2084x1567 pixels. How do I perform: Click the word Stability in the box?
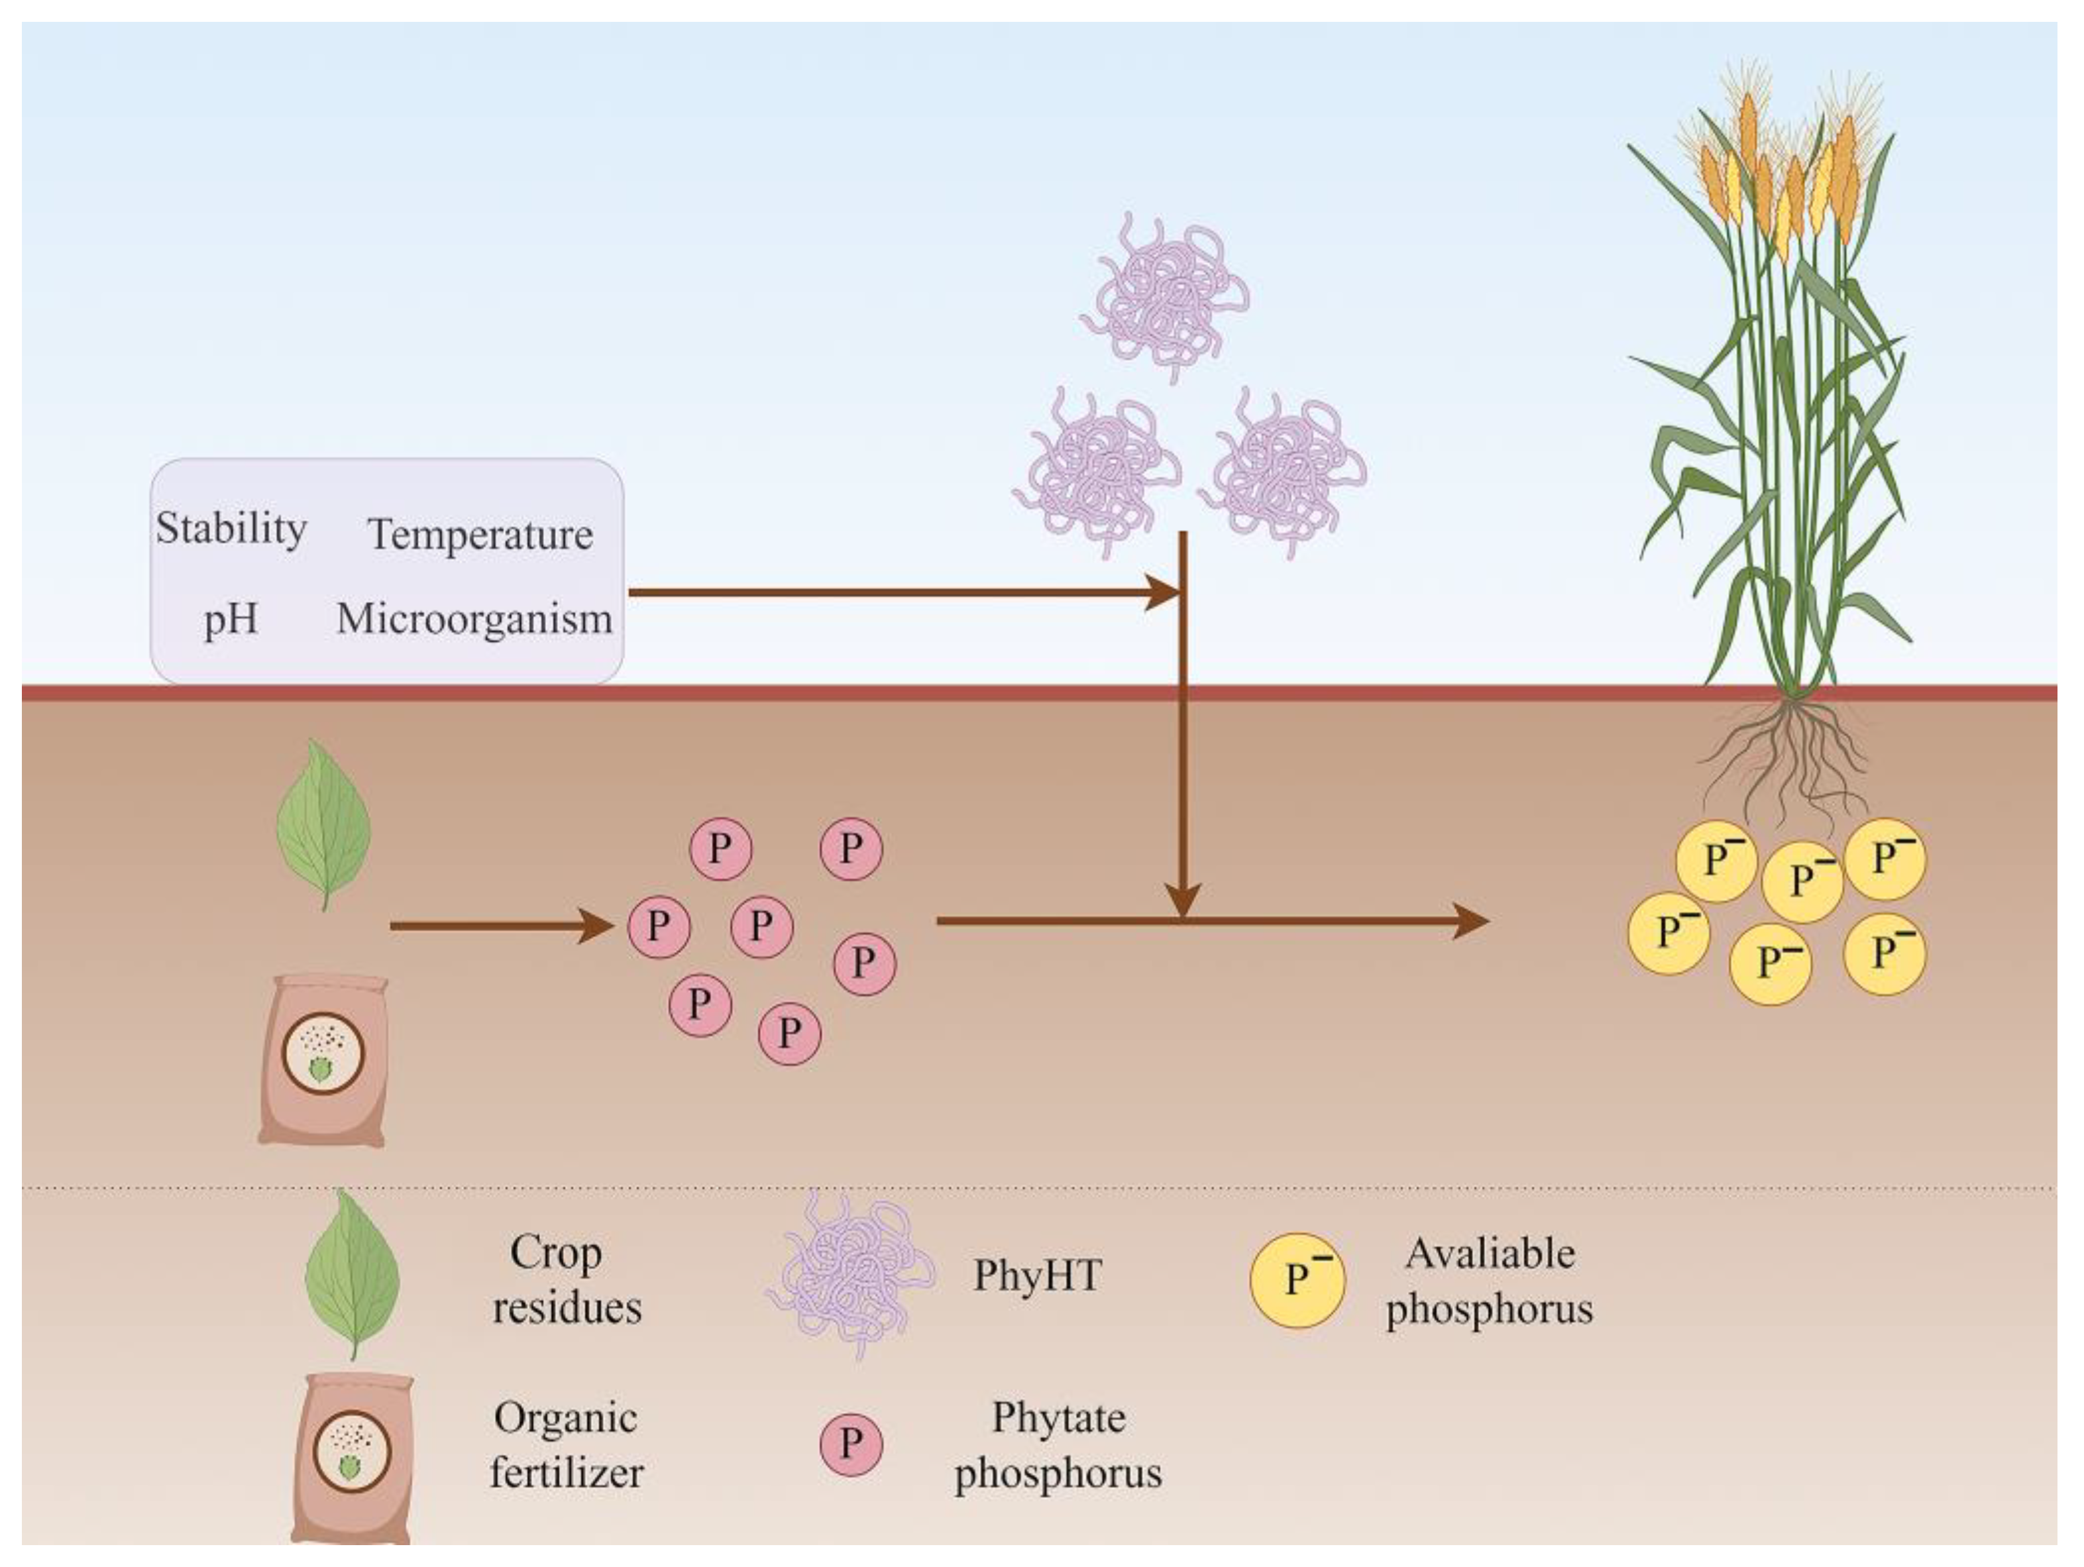pyautogui.click(x=231, y=529)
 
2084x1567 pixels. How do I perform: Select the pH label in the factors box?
pyautogui.click(x=231, y=619)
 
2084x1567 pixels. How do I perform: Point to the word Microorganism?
pyautogui.click(x=474, y=619)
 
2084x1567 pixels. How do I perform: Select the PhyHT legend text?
pyautogui.click(x=1037, y=1276)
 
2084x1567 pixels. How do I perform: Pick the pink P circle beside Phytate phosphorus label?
pyautogui.click(x=851, y=1444)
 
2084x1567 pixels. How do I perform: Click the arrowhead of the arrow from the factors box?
pyautogui.click(x=1164, y=593)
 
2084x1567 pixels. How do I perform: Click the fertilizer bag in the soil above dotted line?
pyautogui.click(x=324, y=1061)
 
